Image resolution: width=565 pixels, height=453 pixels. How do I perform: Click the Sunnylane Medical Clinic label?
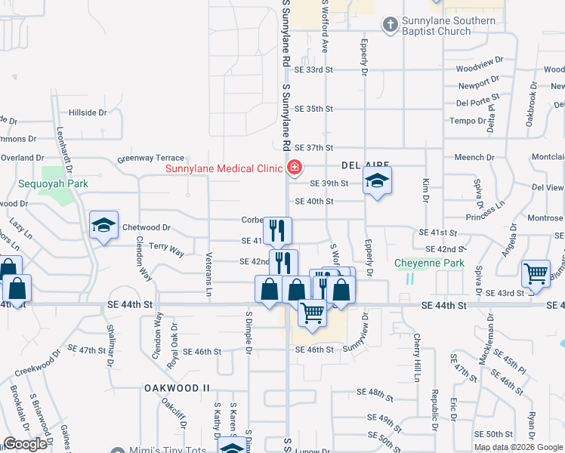pyautogui.click(x=224, y=168)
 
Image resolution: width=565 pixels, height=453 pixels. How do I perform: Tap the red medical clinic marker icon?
pyautogui.click(x=295, y=168)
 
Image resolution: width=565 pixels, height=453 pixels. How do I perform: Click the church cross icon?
pyautogui.click(x=390, y=26)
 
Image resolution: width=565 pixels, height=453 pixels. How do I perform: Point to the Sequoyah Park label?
pyautogui.click(x=54, y=183)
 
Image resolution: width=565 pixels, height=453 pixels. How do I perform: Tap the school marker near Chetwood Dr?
pyautogui.click(x=104, y=225)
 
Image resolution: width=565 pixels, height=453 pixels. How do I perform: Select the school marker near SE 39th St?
pyautogui.click(x=377, y=180)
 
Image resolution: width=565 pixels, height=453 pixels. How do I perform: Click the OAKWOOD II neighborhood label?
pyautogui.click(x=176, y=387)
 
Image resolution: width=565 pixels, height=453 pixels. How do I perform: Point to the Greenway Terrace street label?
pyautogui.click(x=150, y=159)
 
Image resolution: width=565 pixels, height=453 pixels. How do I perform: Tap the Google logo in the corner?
pyautogui.click(x=24, y=445)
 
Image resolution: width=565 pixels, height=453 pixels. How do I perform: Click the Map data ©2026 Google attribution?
pyautogui.click(x=519, y=447)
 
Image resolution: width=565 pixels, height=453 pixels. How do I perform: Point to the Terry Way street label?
pyautogui.click(x=166, y=247)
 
